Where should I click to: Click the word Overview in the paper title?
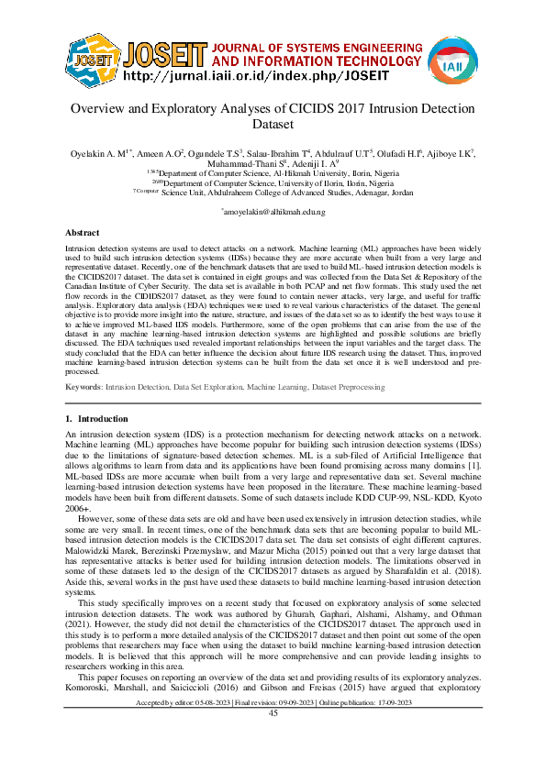[103, 108]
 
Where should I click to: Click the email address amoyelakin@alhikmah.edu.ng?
[273, 212]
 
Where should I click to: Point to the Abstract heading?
[83, 234]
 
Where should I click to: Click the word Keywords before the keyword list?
[84, 388]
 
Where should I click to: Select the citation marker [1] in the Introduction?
[473, 468]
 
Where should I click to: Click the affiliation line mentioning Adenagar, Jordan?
[273, 193]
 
